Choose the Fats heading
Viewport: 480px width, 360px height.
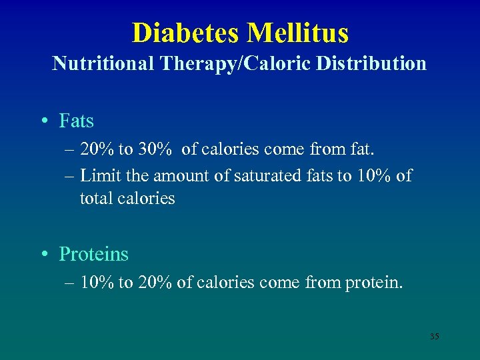click(x=77, y=121)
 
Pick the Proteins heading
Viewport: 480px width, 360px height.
click(x=94, y=254)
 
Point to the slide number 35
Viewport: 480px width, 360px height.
click(x=434, y=337)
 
